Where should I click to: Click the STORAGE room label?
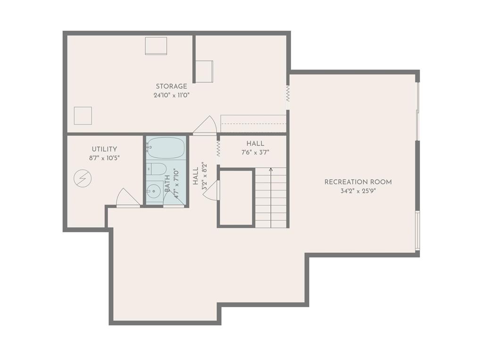(x=171, y=86)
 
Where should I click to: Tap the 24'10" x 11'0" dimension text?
(x=171, y=95)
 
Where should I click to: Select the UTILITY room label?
(x=104, y=149)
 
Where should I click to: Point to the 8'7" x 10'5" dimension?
(x=104, y=158)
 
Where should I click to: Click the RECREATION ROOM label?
(x=358, y=182)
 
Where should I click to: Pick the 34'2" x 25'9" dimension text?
(x=358, y=191)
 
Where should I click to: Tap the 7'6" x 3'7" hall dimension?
(x=255, y=152)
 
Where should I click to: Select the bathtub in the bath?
(x=166, y=147)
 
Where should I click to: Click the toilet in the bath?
(x=157, y=169)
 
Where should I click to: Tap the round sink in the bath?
(x=153, y=191)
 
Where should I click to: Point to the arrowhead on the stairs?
(x=271, y=170)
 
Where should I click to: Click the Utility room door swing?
(x=128, y=198)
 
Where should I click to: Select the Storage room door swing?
(x=205, y=125)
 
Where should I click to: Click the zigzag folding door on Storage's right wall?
(x=288, y=94)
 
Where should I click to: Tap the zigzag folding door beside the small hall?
(x=218, y=149)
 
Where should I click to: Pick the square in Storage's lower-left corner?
(x=83, y=116)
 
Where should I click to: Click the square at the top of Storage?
(x=156, y=46)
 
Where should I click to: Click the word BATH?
(x=167, y=184)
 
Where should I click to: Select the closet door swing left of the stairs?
(x=211, y=190)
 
